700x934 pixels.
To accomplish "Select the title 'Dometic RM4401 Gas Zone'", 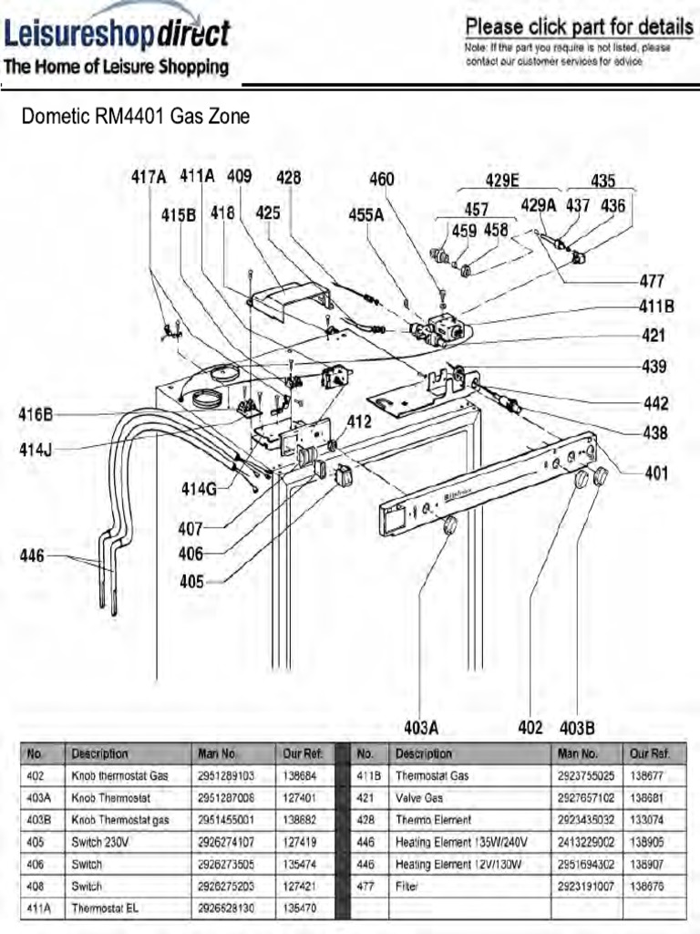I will (135, 117).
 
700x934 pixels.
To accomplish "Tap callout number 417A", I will (149, 177).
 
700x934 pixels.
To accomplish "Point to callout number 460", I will (381, 180).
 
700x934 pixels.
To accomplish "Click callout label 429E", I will (508, 181).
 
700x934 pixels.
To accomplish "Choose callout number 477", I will (652, 281).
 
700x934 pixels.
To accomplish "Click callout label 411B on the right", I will (656, 307).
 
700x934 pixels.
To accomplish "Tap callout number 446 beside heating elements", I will (32, 555).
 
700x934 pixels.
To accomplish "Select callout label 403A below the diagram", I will (421, 728).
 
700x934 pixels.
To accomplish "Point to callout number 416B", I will (36, 415).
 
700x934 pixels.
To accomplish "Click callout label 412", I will (359, 422).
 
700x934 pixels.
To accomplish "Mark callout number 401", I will (656, 473).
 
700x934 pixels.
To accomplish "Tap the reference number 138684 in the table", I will (299, 776).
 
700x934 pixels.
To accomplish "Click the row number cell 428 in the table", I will (366, 820).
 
